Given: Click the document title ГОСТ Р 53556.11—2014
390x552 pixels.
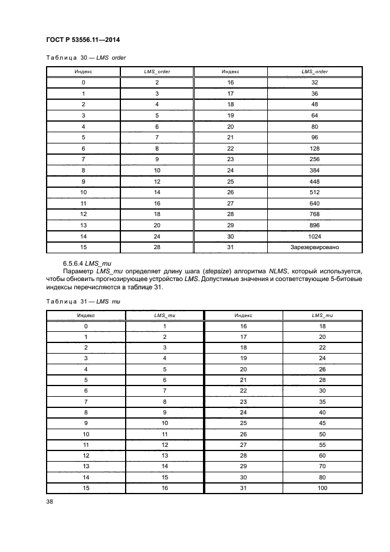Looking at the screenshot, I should coord(87,40).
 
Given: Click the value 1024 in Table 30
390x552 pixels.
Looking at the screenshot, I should coord(314,236).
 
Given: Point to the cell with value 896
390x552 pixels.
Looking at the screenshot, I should coord(314,225).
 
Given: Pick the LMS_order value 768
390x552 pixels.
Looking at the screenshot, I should coord(314,214).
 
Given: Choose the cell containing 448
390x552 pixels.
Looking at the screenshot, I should coord(314,181).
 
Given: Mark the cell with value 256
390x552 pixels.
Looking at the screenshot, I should coord(314,159).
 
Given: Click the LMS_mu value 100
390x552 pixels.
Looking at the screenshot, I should coord(322,488).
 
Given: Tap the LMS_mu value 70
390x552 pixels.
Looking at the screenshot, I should coord(322,466).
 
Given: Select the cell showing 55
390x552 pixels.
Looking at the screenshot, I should coord(322,444).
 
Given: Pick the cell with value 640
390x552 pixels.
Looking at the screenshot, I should coord(314,203).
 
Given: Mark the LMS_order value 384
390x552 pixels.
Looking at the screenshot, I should coord(314,171).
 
